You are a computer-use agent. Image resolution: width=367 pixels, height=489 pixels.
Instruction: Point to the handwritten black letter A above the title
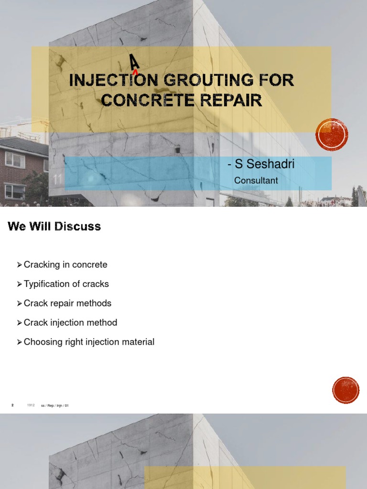click(134, 62)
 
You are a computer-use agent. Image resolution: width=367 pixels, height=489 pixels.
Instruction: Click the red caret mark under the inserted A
click(135, 73)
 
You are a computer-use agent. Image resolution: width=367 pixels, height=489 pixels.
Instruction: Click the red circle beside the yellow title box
click(332, 135)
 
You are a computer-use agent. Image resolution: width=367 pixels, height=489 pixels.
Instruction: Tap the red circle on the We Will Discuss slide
click(345, 390)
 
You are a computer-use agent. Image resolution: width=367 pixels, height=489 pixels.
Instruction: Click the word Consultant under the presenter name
click(256, 181)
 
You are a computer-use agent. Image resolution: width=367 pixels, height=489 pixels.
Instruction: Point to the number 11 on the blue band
click(58, 180)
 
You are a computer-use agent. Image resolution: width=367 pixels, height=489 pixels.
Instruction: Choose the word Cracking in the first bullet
click(40, 265)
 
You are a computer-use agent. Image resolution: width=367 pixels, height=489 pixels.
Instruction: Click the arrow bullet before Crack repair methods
click(19, 303)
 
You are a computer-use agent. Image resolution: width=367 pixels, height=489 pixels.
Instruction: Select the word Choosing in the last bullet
click(42, 342)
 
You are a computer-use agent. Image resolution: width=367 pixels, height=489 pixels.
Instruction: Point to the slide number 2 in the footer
click(12, 405)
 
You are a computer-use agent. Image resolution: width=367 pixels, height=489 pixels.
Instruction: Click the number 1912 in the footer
click(31, 405)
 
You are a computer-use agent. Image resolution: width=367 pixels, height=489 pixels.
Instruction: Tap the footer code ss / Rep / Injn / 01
click(55, 405)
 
